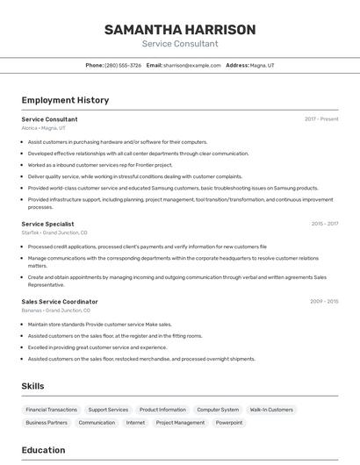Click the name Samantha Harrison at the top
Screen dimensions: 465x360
(x=180, y=30)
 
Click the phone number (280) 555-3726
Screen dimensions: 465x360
(x=123, y=65)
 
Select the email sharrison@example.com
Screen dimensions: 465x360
(x=191, y=65)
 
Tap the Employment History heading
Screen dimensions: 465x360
(x=65, y=100)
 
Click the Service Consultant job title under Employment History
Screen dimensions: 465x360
(x=49, y=119)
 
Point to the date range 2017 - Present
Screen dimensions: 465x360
(x=321, y=119)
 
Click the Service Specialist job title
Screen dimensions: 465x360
(x=47, y=224)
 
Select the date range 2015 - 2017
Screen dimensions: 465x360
(x=324, y=224)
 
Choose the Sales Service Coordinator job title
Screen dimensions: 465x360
(x=60, y=302)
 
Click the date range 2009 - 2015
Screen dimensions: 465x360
(x=324, y=302)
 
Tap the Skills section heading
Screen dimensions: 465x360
(x=32, y=386)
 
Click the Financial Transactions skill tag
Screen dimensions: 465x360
(x=51, y=410)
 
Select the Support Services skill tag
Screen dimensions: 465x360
(x=108, y=410)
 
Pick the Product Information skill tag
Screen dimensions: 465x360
(x=162, y=410)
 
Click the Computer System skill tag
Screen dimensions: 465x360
(x=218, y=410)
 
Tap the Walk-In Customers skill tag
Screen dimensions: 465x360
(x=271, y=410)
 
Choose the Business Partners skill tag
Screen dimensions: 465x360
(x=47, y=423)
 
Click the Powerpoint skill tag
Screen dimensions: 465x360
(x=229, y=423)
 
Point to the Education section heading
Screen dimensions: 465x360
(x=43, y=450)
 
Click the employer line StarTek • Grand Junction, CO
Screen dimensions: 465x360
(x=54, y=233)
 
